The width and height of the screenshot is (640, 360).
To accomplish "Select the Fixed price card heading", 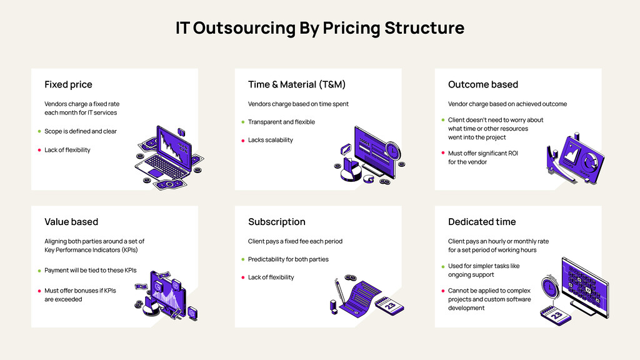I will [68, 84].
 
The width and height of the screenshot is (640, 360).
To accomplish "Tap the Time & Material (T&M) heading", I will [297, 84].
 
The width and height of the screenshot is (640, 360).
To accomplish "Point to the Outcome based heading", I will [483, 84].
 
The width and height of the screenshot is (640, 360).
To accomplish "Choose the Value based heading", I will [71, 222].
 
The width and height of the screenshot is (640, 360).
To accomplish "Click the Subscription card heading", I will [277, 222].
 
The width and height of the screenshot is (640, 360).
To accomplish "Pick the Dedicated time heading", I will [482, 222].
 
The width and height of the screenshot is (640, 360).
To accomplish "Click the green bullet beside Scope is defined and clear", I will [39, 132].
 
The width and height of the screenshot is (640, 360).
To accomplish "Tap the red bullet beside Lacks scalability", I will [242, 141].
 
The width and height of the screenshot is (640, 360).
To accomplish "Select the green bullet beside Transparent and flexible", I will [242, 122].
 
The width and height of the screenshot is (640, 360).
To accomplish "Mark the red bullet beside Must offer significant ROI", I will [442, 153].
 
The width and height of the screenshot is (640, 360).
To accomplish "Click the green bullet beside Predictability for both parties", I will [242, 259].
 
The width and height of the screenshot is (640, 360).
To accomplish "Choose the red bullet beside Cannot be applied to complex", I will [442, 291].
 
